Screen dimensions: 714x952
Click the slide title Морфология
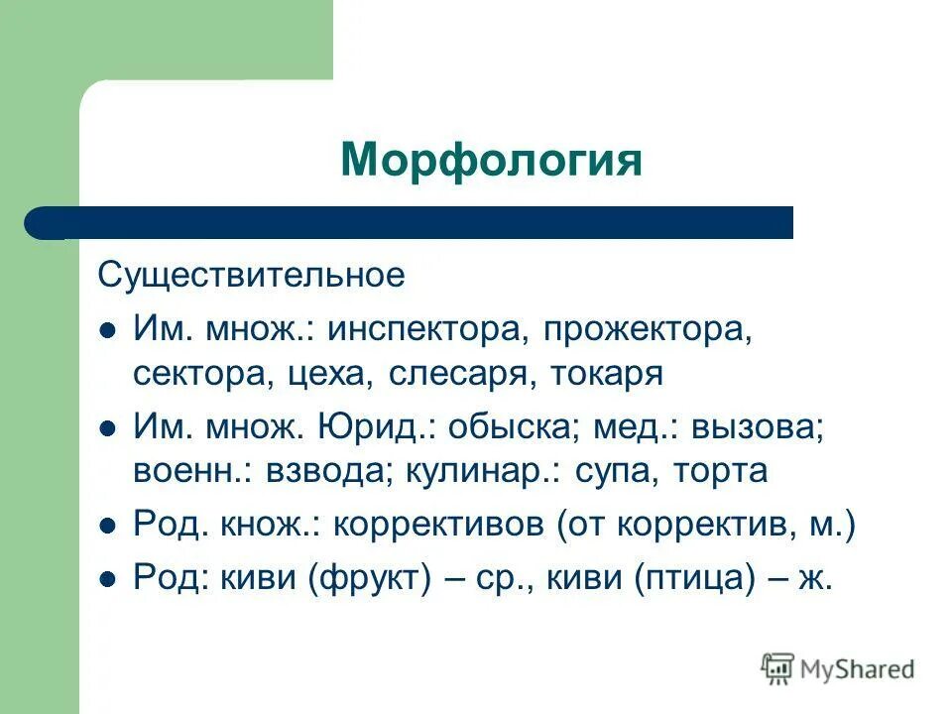491,160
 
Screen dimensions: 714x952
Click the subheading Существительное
251,275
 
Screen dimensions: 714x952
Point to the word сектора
193,375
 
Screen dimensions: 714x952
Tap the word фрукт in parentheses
370,578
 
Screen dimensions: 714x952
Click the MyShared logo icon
779,668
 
